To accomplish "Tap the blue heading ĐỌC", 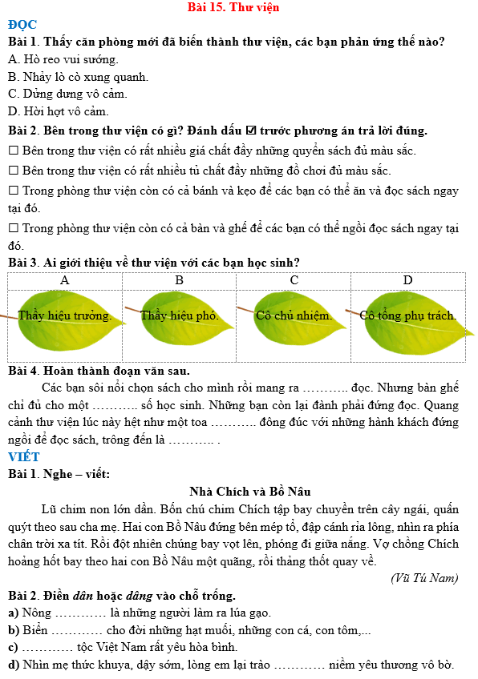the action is tap(22, 24).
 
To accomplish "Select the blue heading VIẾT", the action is tap(24, 456).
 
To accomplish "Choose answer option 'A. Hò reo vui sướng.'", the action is tap(63, 59).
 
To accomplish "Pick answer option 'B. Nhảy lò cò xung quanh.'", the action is tap(78, 77).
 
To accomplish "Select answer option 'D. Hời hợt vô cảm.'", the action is tap(58, 111).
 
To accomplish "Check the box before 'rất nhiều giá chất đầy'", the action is tap(13, 151).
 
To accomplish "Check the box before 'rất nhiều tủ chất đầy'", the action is tap(13, 171).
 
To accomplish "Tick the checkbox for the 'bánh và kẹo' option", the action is tap(13, 191).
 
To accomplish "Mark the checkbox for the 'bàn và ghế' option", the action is tap(13, 228).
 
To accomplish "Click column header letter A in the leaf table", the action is tap(65, 280).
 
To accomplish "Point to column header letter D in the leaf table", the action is tap(407, 280).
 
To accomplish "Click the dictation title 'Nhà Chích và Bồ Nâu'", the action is tap(250, 491).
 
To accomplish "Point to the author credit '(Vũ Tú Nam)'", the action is tap(424, 578).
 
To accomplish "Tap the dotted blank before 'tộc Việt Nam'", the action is tap(48, 647).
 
